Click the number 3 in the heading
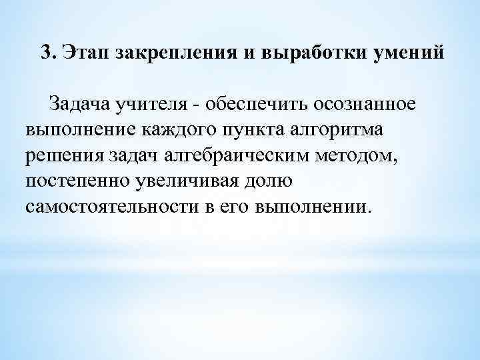pyautogui.click(x=45, y=53)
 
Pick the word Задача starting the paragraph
pyautogui.click(x=77, y=105)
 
